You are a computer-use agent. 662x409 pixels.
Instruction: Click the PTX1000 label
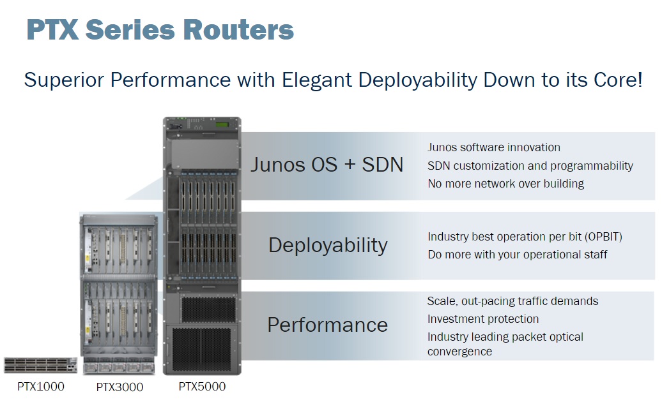click(x=41, y=386)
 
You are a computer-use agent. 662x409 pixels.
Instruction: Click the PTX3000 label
click(x=119, y=387)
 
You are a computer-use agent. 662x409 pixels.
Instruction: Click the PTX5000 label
click(x=201, y=386)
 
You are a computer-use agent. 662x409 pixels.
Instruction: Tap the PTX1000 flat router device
click(x=40, y=366)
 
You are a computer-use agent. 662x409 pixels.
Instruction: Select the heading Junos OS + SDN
click(x=327, y=165)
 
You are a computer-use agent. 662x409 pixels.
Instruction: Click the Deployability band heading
click(x=328, y=246)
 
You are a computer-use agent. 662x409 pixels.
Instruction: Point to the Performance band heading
click(x=327, y=325)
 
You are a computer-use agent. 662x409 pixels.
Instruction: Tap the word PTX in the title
click(x=52, y=30)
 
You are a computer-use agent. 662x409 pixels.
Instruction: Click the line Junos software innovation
click(x=493, y=147)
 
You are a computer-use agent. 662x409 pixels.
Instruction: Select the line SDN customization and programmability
click(x=530, y=166)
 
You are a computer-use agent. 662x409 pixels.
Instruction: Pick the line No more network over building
click(x=505, y=184)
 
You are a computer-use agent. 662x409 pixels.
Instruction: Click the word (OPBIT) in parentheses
click(x=603, y=237)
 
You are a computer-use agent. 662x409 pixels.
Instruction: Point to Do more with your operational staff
click(x=517, y=255)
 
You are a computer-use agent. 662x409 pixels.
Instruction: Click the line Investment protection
click(x=482, y=319)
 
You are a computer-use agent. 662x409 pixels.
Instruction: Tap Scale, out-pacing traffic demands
click(x=512, y=301)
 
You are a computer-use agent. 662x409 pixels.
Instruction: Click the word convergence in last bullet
click(x=459, y=352)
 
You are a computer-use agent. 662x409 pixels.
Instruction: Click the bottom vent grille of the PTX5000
click(x=201, y=350)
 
